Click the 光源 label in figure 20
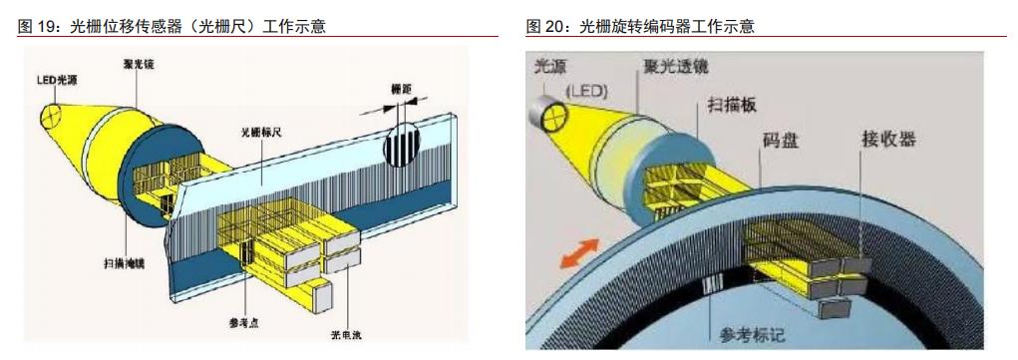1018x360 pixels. point(550,67)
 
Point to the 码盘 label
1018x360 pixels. point(781,143)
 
